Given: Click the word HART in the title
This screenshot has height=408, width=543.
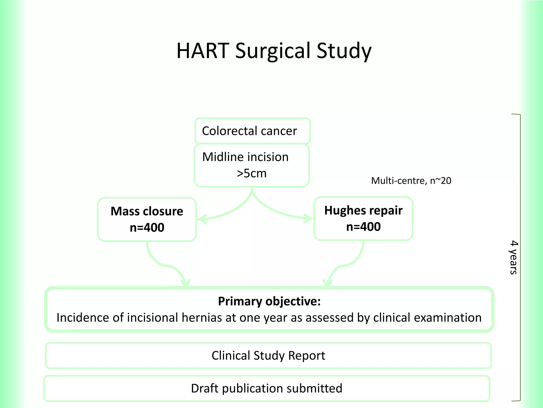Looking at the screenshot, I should [x=203, y=50].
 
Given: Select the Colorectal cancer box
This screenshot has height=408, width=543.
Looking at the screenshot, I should [x=252, y=131].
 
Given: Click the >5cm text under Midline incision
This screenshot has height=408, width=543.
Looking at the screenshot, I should [x=252, y=173].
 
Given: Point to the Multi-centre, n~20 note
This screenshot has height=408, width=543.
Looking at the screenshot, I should [x=411, y=181].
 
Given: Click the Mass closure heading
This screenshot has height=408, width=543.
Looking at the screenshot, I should [x=147, y=211].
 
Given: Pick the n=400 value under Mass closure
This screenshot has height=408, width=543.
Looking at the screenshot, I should [x=147, y=228].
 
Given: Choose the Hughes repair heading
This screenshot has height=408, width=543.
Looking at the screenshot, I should [x=363, y=210].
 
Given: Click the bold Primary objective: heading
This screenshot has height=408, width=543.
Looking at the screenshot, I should [x=269, y=301].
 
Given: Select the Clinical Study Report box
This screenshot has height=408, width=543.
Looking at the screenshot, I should [x=268, y=356].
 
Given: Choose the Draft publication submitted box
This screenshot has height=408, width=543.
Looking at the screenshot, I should [x=266, y=388].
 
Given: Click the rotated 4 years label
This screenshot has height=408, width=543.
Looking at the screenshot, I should [x=514, y=257].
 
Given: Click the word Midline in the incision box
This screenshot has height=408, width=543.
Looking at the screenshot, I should [x=222, y=157].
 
